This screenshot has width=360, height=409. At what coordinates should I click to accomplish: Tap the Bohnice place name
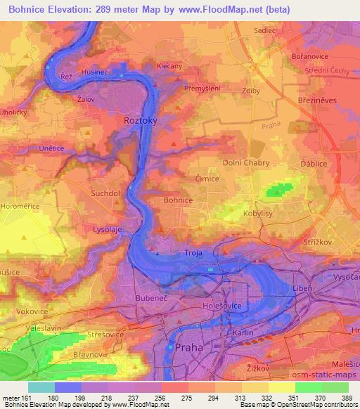[178, 200]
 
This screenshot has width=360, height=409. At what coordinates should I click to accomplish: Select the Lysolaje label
[108, 229]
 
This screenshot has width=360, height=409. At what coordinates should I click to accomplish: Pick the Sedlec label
[264, 31]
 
